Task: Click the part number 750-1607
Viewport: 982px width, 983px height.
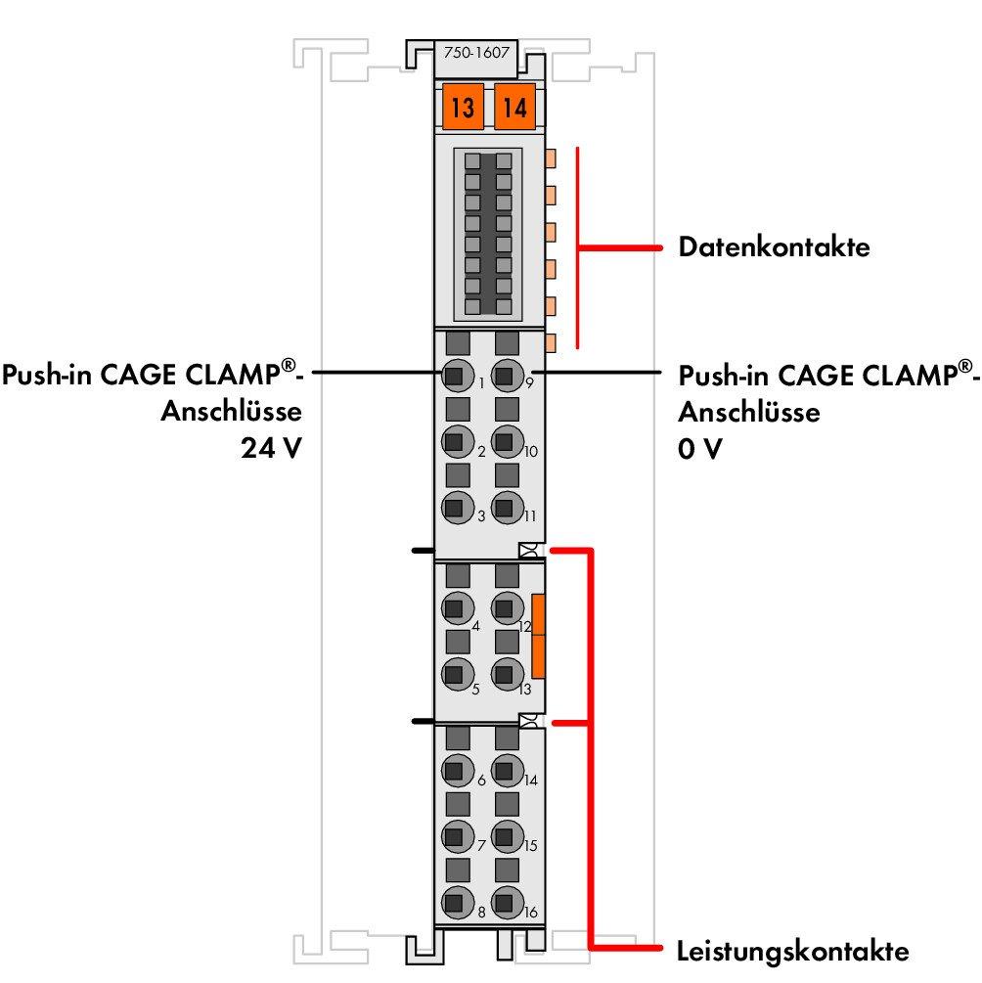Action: pyautogui.click(x=475, y=54)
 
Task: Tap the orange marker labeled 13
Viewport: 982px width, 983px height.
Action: pyautogui.click(x=463, y=107)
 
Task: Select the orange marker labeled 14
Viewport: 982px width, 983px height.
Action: pyautogui.click(x=514, y=107)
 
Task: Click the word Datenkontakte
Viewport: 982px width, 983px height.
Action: pyautogui.click(x=774, y=247)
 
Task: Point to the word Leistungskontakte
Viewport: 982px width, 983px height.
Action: pyautogui.click(x=793, y=951)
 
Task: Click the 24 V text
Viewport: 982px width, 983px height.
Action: pyautogui.click(x=270, y=452)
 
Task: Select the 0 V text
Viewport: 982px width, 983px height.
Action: pyautogui.click(x=700, y=452)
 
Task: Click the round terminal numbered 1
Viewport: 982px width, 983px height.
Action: pyautogui.click(x=454, y=375)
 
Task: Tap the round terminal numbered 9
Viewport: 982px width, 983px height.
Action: pyautogui.click(x=505, y=375)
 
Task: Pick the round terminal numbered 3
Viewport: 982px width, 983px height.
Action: pyautogui.click(x=454, y=508)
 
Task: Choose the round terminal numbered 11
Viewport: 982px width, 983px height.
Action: pyautogui.click(x=505, y=508)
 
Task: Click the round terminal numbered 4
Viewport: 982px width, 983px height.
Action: pyautogui.click(x=454, y=608)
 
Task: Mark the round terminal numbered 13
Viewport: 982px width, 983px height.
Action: pyautogui.click(x=505, y=674)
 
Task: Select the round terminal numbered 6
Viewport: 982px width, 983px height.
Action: pyautogui.click(x=454, y=771)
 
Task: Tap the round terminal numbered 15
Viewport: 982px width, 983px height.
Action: pyautogui.click(x=505, y=836)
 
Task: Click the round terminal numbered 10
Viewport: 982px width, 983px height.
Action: pyautogui.click(x=505, y=441)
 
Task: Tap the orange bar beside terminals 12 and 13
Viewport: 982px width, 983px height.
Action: pyautogui.click(x=538, y=636)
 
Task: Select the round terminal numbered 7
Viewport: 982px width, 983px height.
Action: pyautogui.click(x=454, y=836)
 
